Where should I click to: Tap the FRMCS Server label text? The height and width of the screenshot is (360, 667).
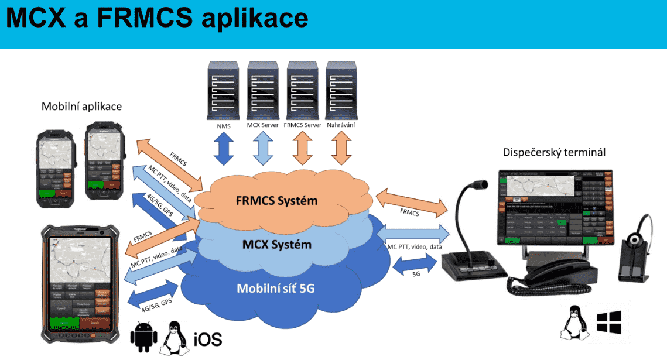coord(303,126)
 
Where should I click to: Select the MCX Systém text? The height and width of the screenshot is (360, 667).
coord(276,243)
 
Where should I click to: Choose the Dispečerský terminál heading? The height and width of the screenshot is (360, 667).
coord(554,152)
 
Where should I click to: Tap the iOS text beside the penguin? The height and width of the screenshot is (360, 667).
coord(207,339)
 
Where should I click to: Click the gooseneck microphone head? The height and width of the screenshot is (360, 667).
coord(480,184)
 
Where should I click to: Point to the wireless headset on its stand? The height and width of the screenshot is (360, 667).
coord(636,246)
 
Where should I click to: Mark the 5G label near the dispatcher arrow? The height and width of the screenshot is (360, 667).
coord(416,273)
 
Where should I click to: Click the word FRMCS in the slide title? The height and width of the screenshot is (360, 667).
coord(144,18)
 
